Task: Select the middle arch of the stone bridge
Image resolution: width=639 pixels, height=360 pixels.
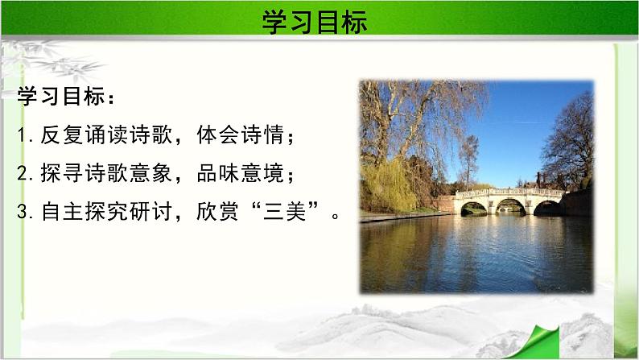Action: point(510,206)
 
